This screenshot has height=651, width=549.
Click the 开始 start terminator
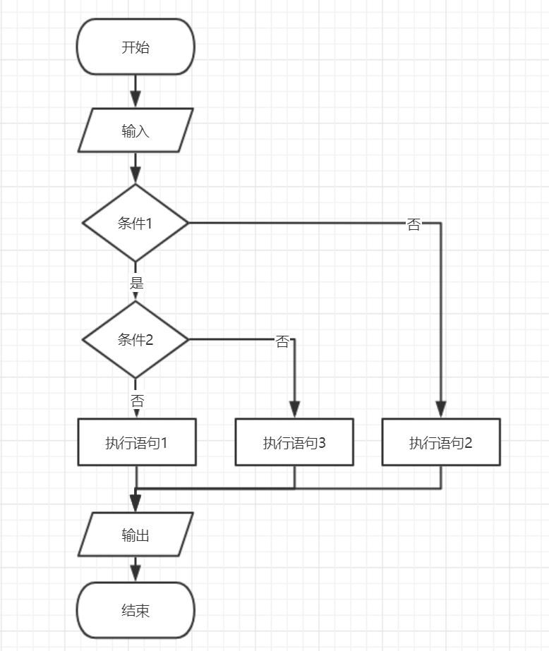(x=135, y=47)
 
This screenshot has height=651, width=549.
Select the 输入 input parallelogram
(x=135, y=130)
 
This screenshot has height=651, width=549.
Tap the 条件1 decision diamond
(x=135, y=224)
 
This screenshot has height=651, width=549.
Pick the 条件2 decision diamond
(x=135, y=340)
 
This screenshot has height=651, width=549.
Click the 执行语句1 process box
(x=136, y=443)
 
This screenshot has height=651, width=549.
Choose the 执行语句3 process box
(x=294, y=443)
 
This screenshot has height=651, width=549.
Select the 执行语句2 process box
(x=441, y=443)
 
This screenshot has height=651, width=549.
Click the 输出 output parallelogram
(x=135, y=535)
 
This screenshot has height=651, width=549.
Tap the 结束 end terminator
(x=135, y=610)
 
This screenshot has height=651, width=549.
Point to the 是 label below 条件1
(x=137, y=284)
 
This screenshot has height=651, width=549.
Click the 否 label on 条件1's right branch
(x=414, y=225)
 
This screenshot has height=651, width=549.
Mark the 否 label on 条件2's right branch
(x=282, y=342)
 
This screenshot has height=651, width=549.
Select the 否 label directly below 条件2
(x=137, y=401)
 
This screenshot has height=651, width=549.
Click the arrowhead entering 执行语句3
(x=294, y=410)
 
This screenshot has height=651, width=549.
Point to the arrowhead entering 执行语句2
(x=441, y=410)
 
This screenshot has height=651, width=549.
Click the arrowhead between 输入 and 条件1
(x=135, y=176)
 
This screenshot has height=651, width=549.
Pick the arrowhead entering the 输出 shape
(x=135, y=504)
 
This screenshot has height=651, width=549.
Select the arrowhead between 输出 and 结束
(x=135, y=573)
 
